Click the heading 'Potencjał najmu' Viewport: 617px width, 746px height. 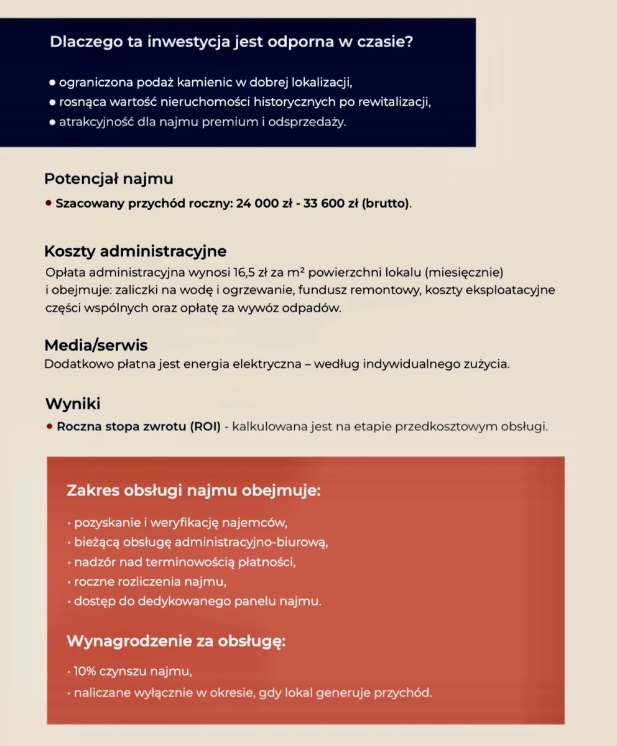tap(108, 179)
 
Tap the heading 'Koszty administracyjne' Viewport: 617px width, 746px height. tap(135, 251)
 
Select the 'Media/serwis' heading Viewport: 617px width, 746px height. tap(96, 345)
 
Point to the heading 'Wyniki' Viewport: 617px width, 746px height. tap(73, 403)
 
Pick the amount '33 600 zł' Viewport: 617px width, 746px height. tap(330, 203)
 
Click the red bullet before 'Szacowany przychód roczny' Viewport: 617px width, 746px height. tap(49, 203)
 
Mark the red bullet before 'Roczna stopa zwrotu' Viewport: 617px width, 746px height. tap(49, 427)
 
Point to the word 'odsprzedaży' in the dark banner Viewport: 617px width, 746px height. tap(313, 122)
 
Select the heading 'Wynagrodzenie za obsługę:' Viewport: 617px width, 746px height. tap(176, 641)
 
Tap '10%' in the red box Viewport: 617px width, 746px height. tap(85, 672)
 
